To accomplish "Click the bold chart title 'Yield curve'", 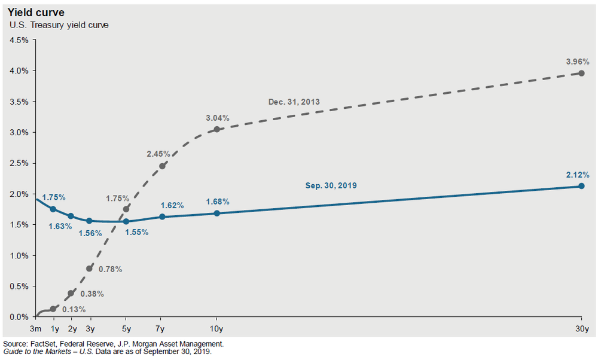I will point(35,13).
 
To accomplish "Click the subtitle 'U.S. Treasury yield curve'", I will point(58,25).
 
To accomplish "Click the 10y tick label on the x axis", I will point(216,329).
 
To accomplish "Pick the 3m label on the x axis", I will point(35,329).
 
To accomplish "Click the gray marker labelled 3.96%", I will point(581,73).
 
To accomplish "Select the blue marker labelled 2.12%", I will point(581,186).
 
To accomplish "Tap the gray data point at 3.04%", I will point(216,130).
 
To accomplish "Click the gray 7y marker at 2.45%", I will point(162,166).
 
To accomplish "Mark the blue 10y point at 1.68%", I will point(216,213).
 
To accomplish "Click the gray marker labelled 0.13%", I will point(53,309).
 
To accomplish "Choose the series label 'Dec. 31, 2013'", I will point(293,102).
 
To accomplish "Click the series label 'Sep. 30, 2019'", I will point(331,186).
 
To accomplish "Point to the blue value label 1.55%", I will point(136,231).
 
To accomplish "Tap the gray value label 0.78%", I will point(110,269).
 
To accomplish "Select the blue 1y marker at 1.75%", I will point(53,209).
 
